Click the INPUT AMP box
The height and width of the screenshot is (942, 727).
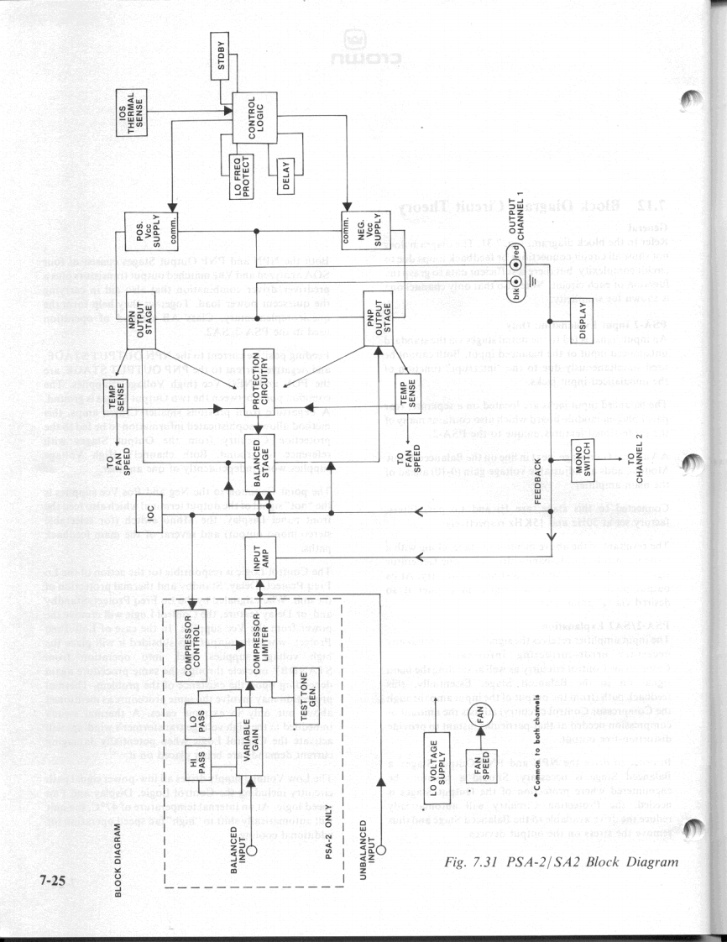click(259, 557)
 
